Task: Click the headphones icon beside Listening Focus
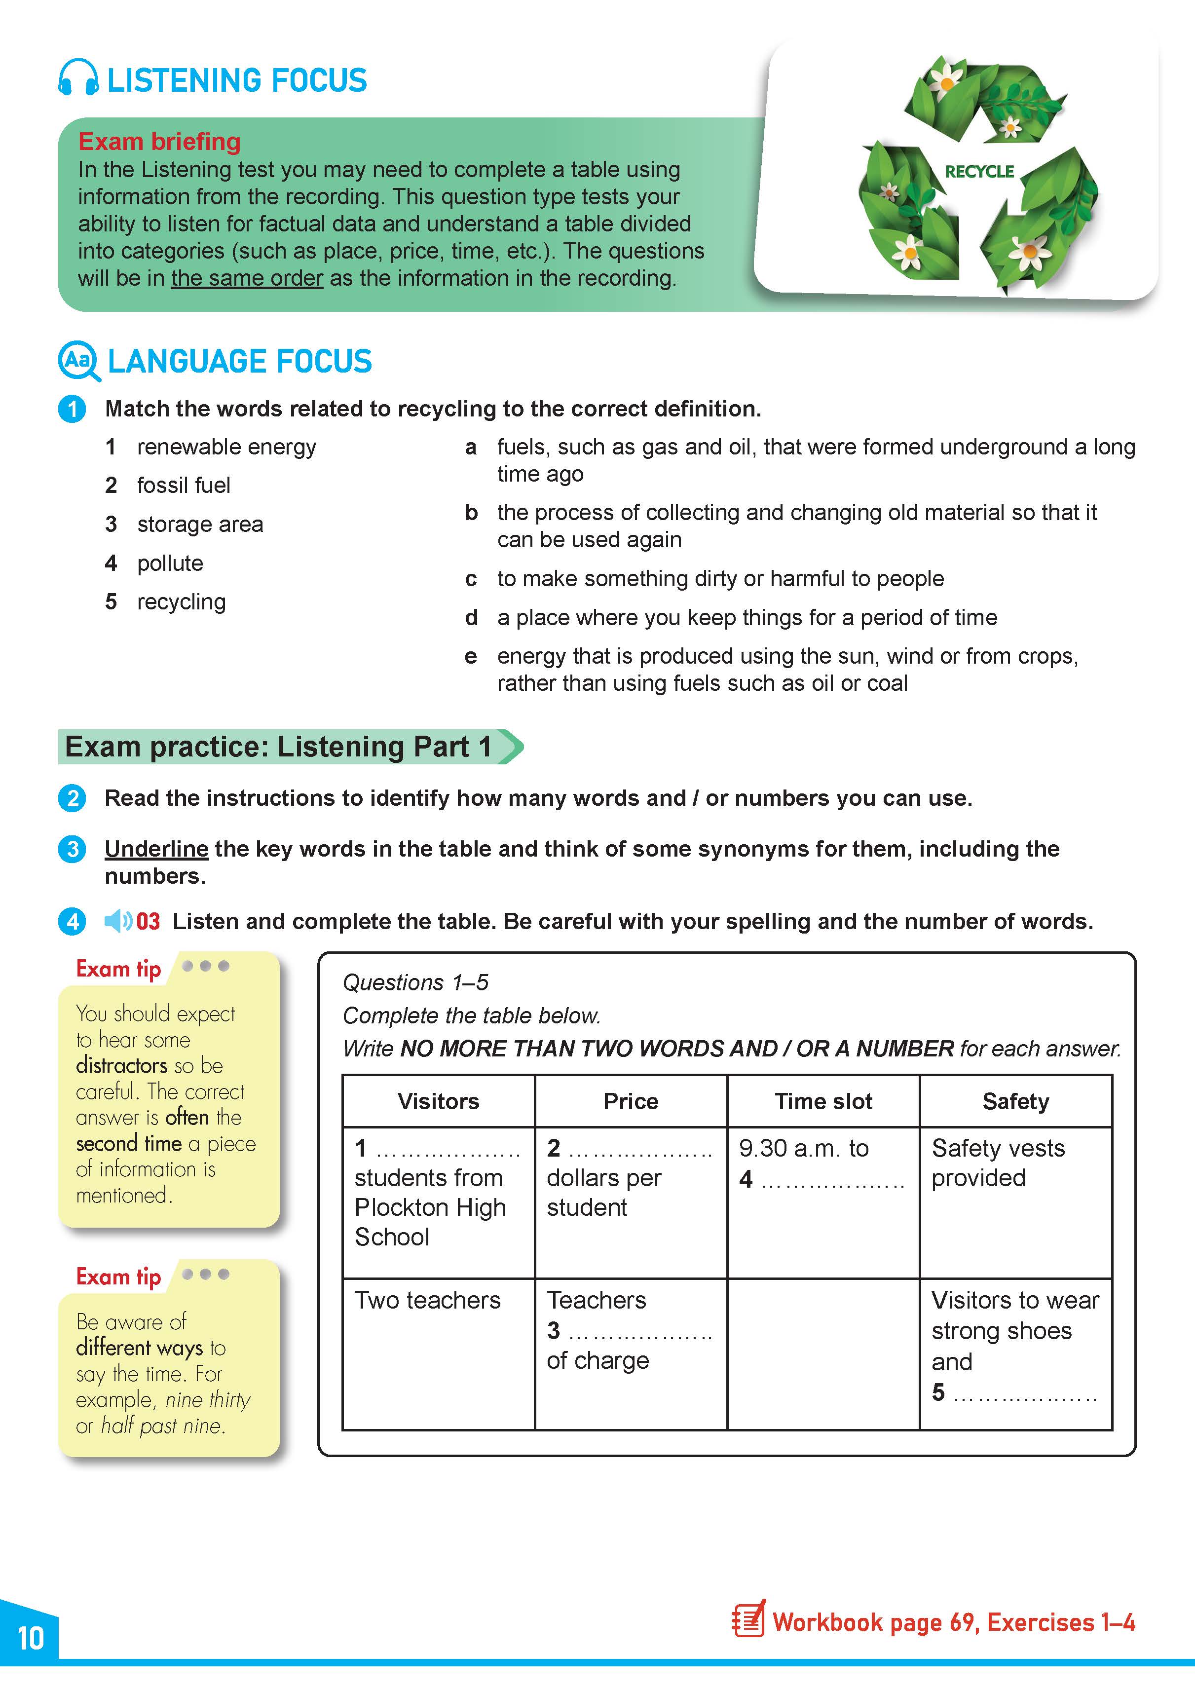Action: coord(78,78)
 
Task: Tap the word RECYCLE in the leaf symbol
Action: coord(979,172)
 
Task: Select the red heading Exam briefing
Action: coord(160,141)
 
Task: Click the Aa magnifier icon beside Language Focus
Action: coord(78,361)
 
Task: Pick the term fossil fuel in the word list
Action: coord(183,485)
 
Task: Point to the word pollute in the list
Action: coord(170,563)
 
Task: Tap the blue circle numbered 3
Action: coord(72,849)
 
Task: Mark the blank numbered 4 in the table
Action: coord(831,1179)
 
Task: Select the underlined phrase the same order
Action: coord(247,278)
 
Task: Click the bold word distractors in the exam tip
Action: coord(121,1066)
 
